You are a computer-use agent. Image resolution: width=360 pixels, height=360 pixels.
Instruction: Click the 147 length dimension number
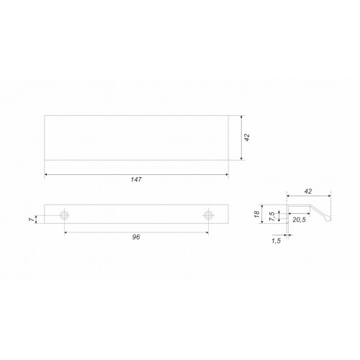coord(136,179)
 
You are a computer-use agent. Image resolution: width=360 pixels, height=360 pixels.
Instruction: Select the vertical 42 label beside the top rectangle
coord(247,138)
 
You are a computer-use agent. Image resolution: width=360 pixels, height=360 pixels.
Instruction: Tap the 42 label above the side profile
coord(308,192)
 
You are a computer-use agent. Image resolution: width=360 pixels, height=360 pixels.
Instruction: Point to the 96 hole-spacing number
coord(136,237)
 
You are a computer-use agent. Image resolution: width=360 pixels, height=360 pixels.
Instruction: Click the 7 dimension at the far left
coord(31,220)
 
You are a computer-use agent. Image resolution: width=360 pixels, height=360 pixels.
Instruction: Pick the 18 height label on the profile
coord(256,214)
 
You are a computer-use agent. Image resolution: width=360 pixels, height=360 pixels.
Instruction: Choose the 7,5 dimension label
coord(271,216)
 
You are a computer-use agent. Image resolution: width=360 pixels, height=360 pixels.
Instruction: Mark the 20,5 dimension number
coord(299,220)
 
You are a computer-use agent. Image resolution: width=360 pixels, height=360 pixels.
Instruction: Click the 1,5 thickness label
coord(276,240)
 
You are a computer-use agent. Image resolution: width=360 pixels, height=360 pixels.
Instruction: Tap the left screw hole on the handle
coord(64,215)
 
